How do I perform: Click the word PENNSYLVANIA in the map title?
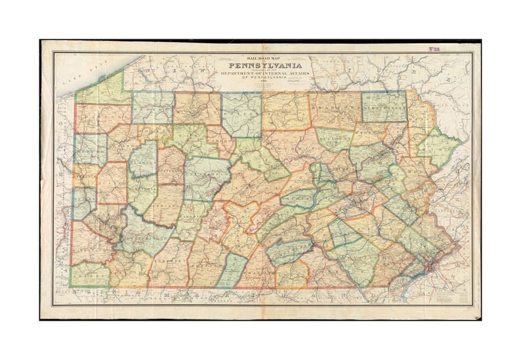click(264, 66)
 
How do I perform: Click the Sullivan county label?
click(331, 140)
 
